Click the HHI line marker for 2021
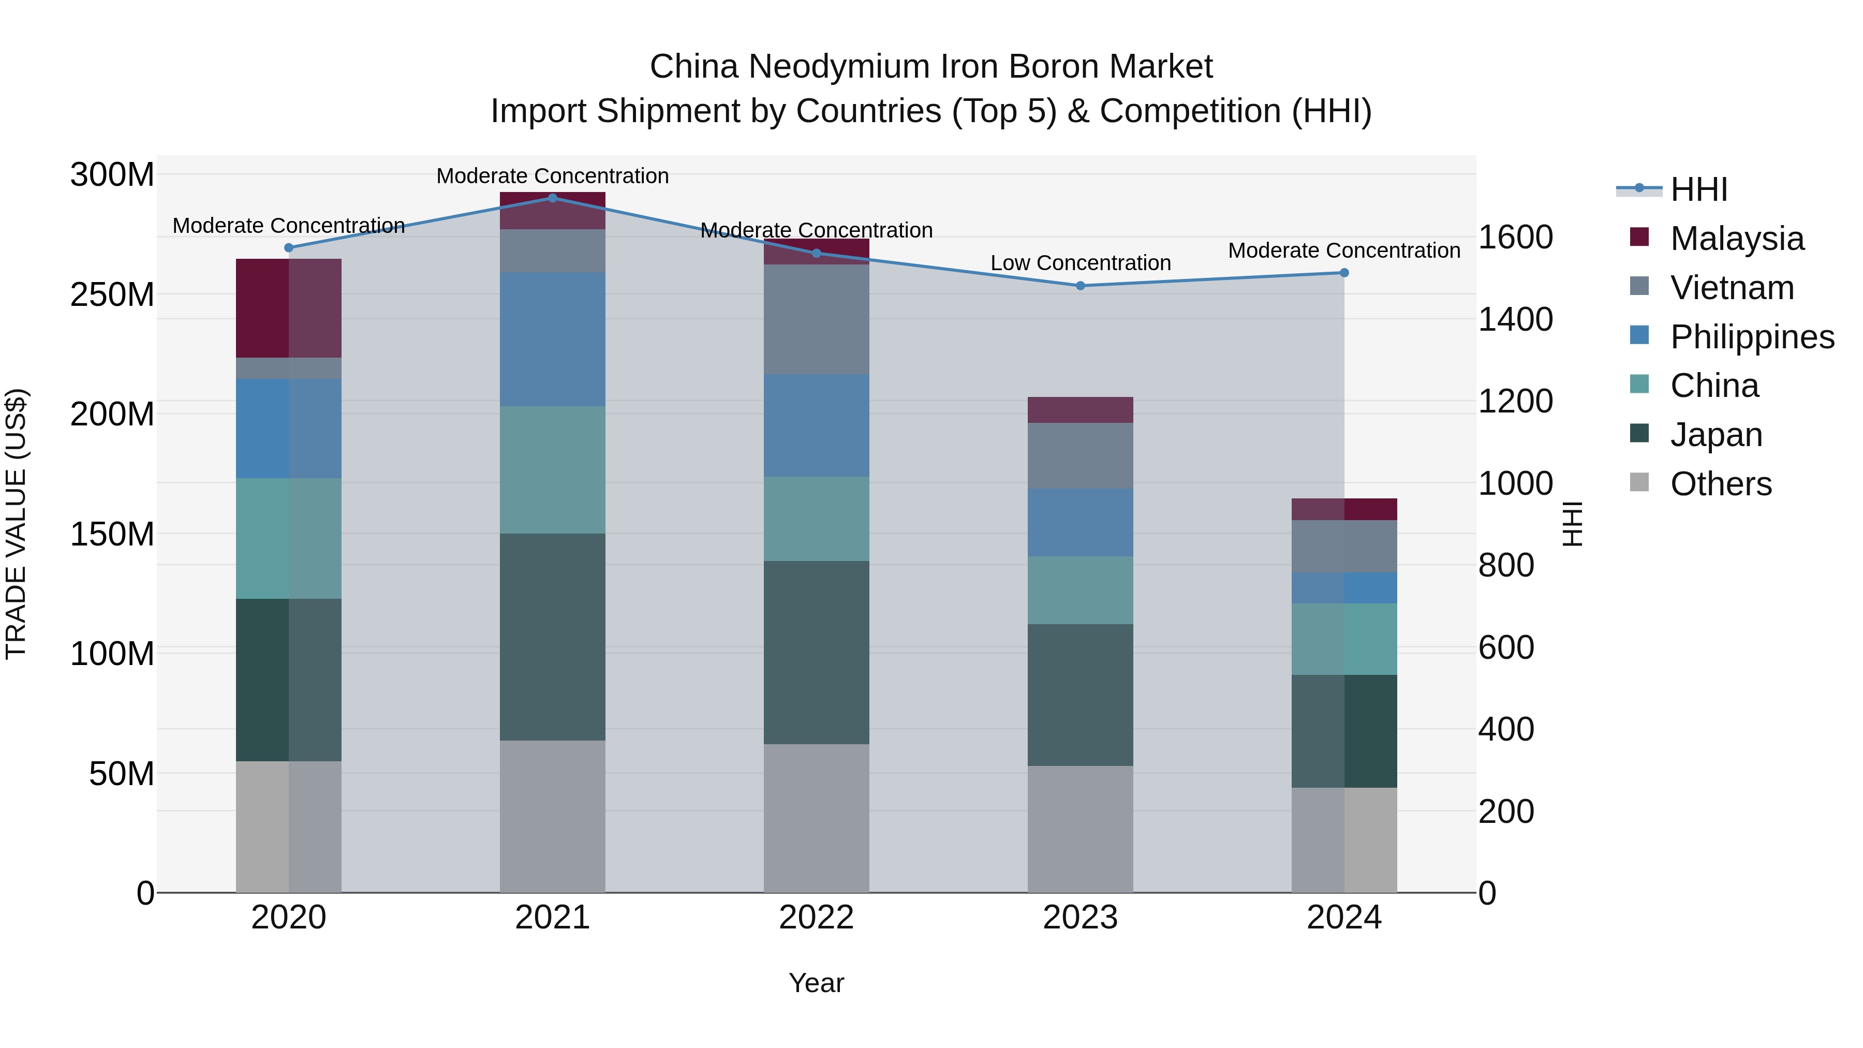(553, 198)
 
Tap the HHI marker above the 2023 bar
(1081, 286)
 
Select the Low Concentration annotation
(1081, 263)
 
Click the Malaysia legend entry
(1736, 239)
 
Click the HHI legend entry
(1698, 189)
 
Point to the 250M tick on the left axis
(112, 295)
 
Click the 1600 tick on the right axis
(1515, 237)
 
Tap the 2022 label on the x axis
(817, 918)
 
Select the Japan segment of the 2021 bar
(553, 637)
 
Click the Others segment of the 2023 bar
(1081, 829)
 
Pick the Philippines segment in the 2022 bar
(817, 425)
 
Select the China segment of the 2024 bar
(1344, 639)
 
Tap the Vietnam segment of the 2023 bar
(1081, 455)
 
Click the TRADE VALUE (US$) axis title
(16, 524)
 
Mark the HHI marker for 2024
(1344, 273)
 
